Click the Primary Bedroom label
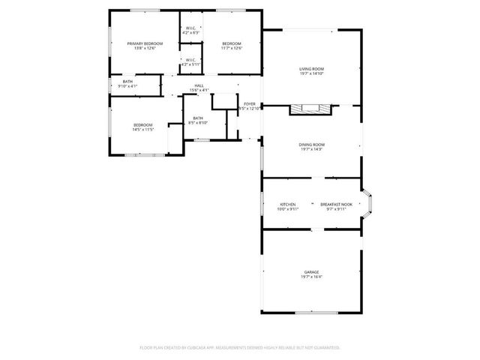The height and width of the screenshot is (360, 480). tap(145, 44)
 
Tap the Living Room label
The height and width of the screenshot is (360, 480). tap(311, 69)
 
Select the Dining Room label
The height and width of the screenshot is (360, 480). tap(311, 144)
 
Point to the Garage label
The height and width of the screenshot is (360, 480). tap(311, 271)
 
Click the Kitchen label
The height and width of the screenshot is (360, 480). tap(288, 205)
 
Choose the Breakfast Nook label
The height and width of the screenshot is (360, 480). tap(334, 205)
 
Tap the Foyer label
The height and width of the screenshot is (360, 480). tap(249, 104)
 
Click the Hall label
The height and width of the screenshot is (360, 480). tap(199, 86)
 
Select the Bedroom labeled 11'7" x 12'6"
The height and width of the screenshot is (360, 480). tap(231, 44)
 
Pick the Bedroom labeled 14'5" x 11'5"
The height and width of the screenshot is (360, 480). tap(143, 124)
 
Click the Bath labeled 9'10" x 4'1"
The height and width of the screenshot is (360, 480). tap(127, 82)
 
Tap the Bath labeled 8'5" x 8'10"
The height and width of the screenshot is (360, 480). tap(198, 118)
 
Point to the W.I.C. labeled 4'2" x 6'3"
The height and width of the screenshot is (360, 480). tap(190, 29)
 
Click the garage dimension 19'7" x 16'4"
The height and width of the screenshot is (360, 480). tap(311, 277)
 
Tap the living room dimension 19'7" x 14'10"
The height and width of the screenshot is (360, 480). tap(311, 73)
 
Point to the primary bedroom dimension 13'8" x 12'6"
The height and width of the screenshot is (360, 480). tap(145, 49)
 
